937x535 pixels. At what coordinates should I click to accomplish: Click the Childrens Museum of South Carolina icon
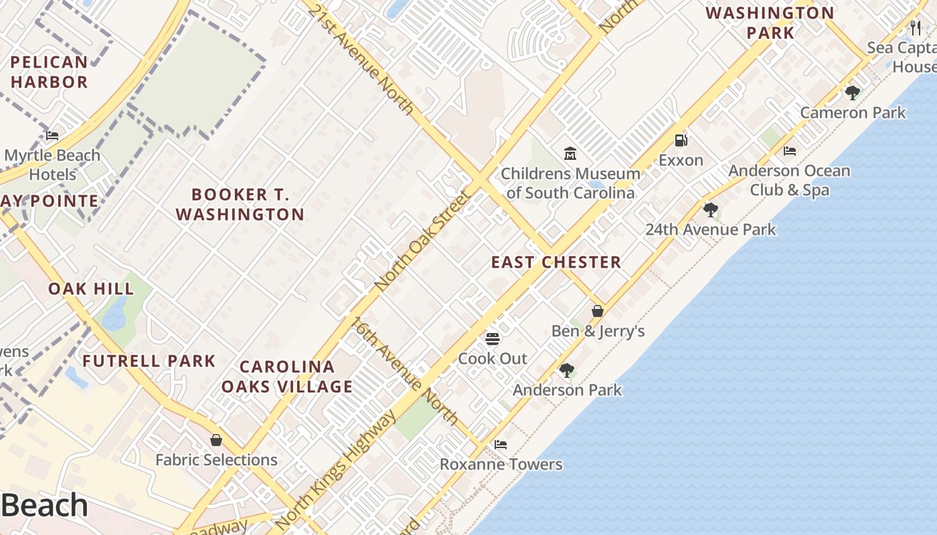click(x=570, y=154)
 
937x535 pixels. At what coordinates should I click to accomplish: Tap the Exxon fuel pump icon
click(x=681, y=140)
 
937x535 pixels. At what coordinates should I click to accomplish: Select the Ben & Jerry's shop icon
click(x=598, y=311)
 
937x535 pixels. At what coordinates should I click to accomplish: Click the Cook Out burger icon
click(x=493, y=338)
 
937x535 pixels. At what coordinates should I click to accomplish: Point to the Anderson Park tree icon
click(x=567, y=370)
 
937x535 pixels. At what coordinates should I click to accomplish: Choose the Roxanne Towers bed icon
click(x=500, y=444)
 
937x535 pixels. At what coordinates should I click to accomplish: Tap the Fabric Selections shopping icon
click(x=216, y=440)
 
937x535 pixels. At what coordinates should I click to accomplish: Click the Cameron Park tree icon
click(x=852, y=92)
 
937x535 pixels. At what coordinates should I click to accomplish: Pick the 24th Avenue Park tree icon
click(x=710, y=210)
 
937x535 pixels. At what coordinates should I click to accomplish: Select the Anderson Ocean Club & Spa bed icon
click(x=790, y=151)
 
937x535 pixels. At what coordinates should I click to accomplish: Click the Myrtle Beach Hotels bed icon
click(x=52, y=136)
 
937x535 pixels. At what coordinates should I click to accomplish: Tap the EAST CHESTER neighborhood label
click(x=556, y=262)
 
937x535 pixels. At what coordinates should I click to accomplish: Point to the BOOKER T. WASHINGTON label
click(x=240, y=205)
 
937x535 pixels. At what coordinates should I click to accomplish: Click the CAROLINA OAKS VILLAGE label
click(x=287, y=377)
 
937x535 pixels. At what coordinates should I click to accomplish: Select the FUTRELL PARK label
click(x=149, y=361)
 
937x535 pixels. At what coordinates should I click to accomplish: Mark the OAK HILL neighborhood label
click(x=91, y=289)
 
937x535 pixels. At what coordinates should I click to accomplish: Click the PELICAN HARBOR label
click(x=49, y=72)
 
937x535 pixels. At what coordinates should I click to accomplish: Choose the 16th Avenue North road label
click(x=405, y=370)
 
